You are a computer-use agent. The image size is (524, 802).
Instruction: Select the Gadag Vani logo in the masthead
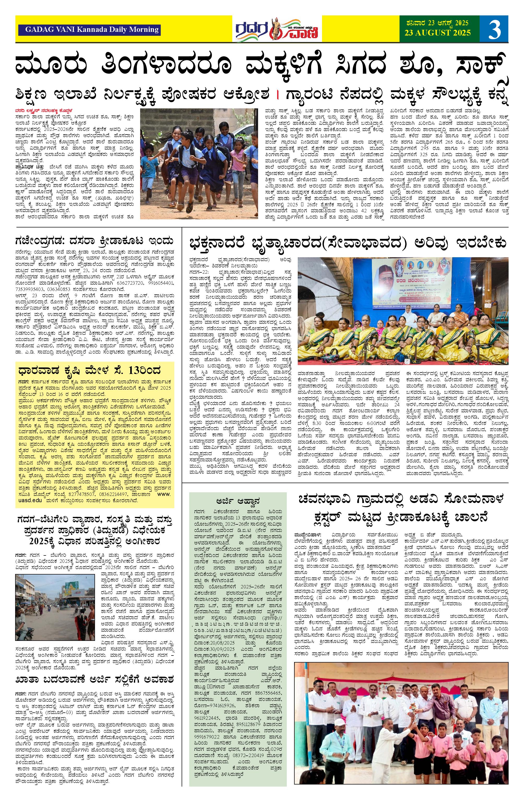click(x=277, y=29)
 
